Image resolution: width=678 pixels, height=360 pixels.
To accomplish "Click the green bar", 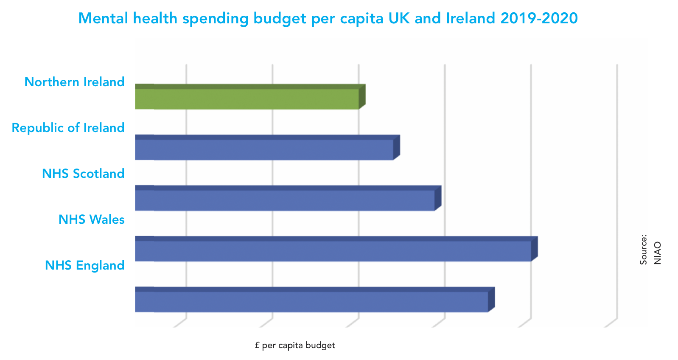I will click(247, 98).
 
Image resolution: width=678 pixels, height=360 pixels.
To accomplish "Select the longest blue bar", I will click(333, 251).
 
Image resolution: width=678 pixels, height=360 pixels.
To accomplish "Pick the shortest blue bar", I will click(264, 149).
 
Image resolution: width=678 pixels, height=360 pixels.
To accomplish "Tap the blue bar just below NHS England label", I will click(311, 301).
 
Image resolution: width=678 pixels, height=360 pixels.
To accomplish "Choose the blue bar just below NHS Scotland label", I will click(285, 200).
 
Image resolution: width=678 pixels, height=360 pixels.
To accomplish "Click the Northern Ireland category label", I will click(75, 82).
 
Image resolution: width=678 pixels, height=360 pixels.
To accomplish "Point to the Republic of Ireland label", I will click(68, 128).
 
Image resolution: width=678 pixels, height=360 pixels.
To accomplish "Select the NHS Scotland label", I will click(83, 174).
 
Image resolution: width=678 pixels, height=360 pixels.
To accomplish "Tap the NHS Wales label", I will click(92, 219).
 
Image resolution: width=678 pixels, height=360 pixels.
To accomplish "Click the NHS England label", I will click(85, 265).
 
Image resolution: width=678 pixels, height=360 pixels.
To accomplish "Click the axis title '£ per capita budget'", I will click(295, 346).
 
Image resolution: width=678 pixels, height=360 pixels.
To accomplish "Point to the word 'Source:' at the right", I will click(644, 250).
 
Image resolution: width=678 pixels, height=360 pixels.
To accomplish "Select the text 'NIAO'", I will click(657, 253).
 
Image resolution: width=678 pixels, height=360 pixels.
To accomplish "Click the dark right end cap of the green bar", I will click(362, 96).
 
